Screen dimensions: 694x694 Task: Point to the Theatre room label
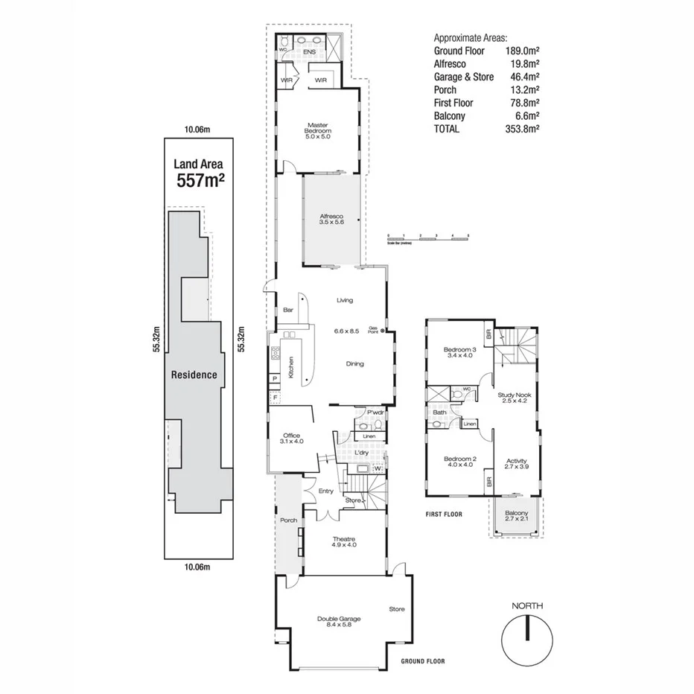click(x=343, y=541)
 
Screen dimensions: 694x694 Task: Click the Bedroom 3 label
click(x=459, y=352)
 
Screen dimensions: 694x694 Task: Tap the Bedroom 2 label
click(x=459, y=461)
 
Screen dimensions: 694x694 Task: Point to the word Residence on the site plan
click(x=194, y=375)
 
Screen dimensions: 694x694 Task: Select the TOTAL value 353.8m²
click(x=521, y=129)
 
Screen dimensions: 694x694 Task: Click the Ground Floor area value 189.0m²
click(x=521, y=51)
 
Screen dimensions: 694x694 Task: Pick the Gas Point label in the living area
click(x=373, y=331)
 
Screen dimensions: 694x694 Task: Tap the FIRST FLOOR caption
click(x=445, y=514)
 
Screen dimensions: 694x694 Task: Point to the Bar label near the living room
click(x=287, y=311)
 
